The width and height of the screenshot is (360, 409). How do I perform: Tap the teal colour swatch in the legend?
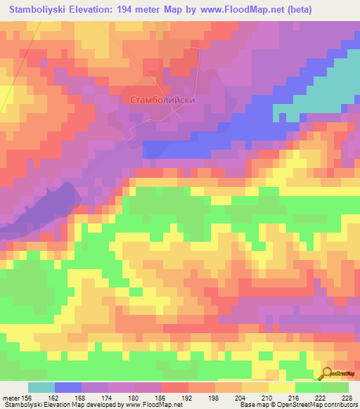[x=41, y=387]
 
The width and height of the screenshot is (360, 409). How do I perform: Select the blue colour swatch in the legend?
[x=68, y=387]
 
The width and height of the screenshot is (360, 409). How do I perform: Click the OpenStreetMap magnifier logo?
[x=327, y=372]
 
